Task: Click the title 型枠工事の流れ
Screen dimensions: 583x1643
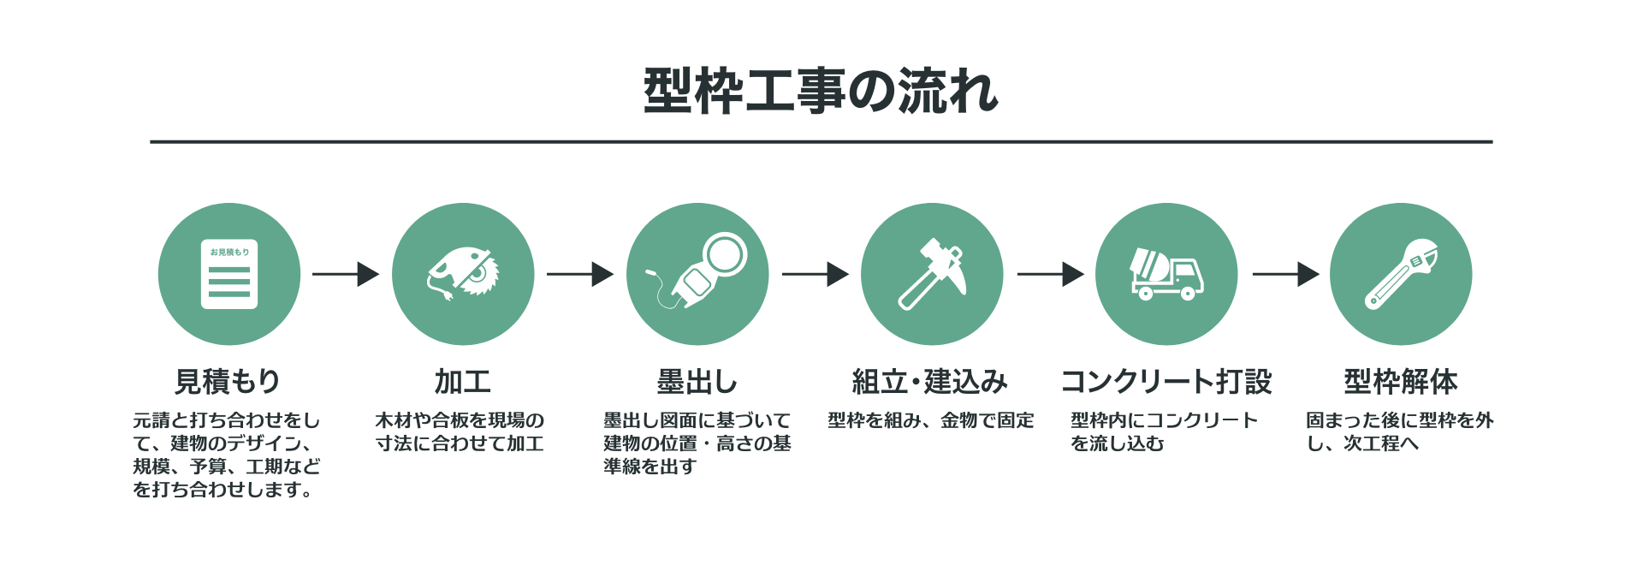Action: pos(821,91)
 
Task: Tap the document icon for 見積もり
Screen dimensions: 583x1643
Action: pos(229,274)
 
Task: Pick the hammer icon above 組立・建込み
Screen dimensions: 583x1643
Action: pos(932,274)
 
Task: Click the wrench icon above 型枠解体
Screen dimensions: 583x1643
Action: pos(1401,274)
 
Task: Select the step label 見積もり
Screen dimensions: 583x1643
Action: pos(228,381)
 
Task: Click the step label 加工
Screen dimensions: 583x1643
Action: pos(462,381)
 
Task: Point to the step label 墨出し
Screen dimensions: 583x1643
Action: pos(697,381)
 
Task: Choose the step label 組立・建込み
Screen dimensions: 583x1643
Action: pos(930,381)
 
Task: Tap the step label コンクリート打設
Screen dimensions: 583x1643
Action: pos(1166,381)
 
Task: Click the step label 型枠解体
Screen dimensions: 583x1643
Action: pos(1400,381)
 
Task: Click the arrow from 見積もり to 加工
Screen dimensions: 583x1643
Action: pos(346,274)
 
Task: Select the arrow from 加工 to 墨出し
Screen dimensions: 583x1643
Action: pos(580,274)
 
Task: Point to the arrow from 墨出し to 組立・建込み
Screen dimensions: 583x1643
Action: pos(815,274)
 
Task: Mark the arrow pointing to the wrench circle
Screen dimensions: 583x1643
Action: pos(1285,274)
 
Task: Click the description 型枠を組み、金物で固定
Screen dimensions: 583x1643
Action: pos(930,420)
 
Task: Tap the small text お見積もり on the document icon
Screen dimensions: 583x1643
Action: pos(229,252)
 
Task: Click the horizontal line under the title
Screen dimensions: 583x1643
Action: pos(821,141)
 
